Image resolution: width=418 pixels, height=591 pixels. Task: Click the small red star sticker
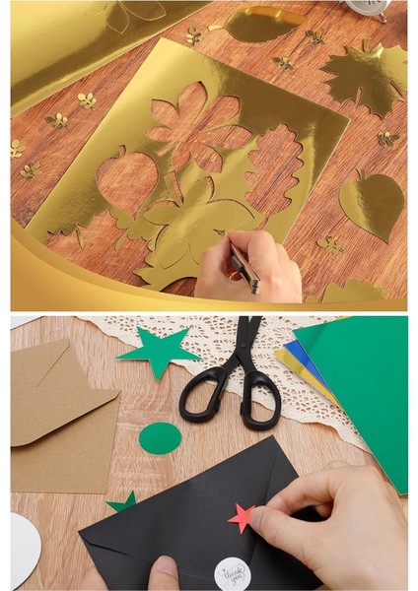pyautogui.click(x=241, y=516)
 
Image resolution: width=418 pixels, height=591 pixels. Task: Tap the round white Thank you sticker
pyautogui.click(x=232, y=571)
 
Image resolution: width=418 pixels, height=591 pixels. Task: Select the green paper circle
pyautogui.click(x=160, y=437)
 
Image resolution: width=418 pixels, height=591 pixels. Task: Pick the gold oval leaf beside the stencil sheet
pyautogui.click(x=261, y=25)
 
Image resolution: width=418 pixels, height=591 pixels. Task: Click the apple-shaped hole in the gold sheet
pyautogui.click(x=126, y=183)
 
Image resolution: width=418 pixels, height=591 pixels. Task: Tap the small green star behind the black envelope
pyautogui.click(x=124, y=502)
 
